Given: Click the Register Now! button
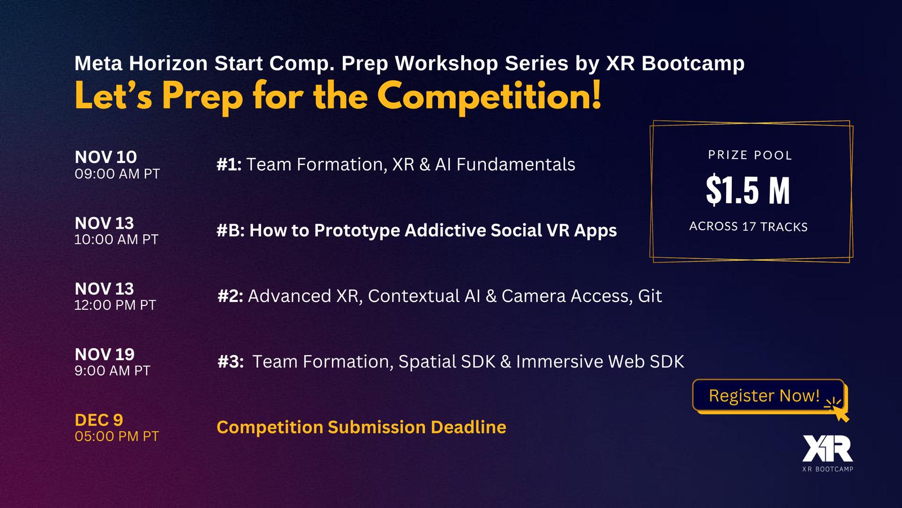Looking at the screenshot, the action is [x=768, y=396].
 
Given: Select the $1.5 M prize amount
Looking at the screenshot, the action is [x=748, y=190].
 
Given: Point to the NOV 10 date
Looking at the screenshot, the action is [x=105, y=157].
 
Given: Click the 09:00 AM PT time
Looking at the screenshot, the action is [x=117, y=174].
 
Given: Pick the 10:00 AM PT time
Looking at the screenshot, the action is [x=116, y=239].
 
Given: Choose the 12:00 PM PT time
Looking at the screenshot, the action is [x=115, y=305].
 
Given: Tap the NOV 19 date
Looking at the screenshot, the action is [x=104, y=354].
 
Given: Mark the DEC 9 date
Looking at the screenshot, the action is [x=99, y=420].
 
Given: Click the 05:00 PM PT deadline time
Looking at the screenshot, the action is [x=117, y=436].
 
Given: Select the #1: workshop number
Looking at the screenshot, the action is [x=229, y=164].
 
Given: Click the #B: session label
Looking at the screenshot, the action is [x=231, y=231].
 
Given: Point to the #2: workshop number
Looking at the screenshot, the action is [x=230, y=296].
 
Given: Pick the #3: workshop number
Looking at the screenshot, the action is [x=231, y=362].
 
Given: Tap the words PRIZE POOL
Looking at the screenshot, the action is [x=750, y=155].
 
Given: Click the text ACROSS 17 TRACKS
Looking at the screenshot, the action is [x=748, y=226].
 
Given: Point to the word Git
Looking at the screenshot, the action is [x=650, y=296].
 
